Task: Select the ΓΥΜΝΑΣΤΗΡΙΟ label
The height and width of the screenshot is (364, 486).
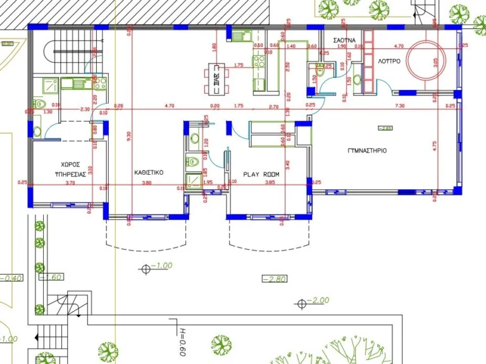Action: [x=367, y=151]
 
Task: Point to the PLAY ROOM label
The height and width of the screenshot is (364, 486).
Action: [x=261, y=173]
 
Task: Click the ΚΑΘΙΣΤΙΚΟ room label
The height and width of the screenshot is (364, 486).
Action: [x=149, y=172]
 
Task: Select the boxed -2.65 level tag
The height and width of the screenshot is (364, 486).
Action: [x=385, y=129]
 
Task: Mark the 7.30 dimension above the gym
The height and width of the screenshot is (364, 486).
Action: [x=399, y=106]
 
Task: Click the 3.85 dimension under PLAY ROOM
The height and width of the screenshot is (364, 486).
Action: [x=270, y=183]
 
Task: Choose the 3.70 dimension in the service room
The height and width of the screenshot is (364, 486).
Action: [x=70, y=183]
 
